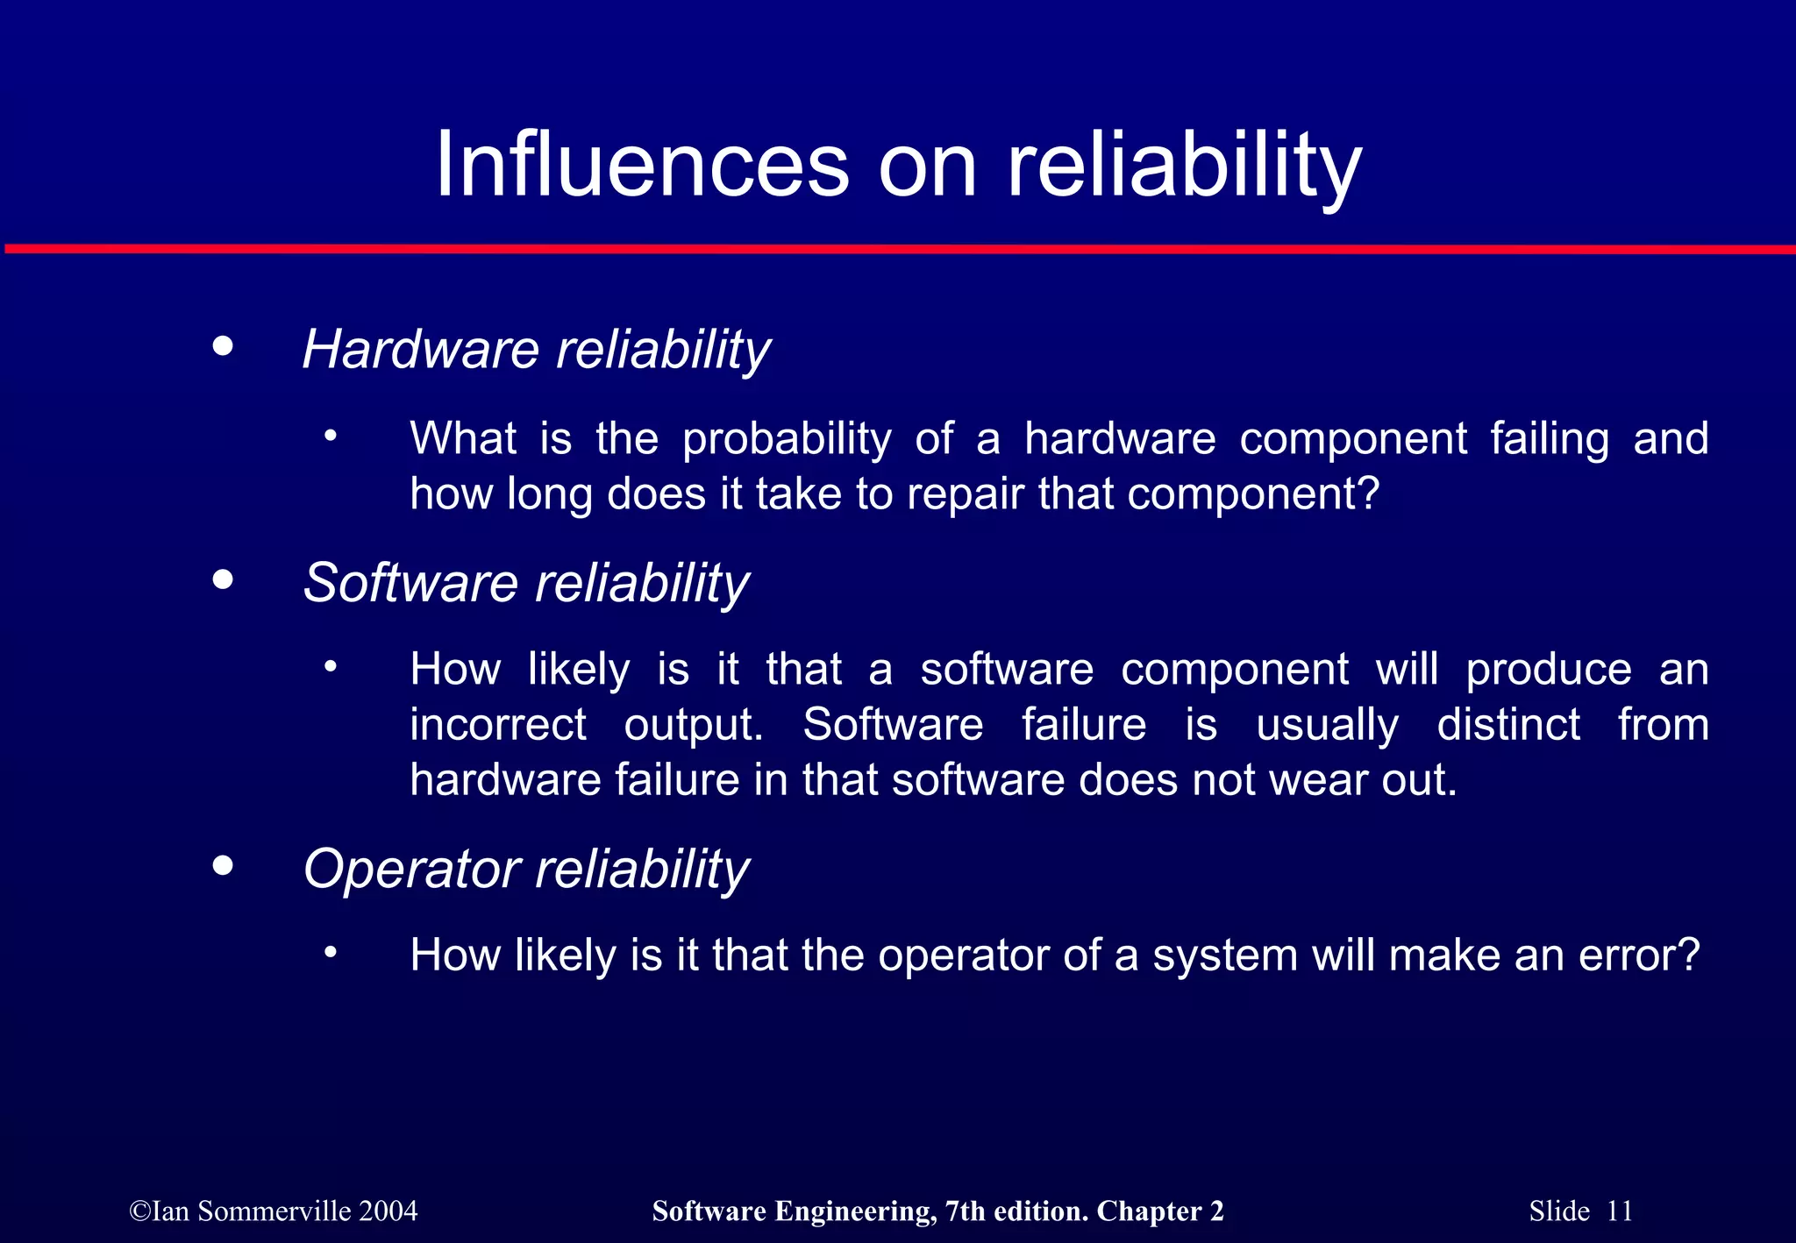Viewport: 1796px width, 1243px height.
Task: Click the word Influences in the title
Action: (x=642, y=165)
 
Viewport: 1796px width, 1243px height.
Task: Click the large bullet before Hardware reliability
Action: (x=224, y=345)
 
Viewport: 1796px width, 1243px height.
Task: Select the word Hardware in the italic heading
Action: (x=420, y=349)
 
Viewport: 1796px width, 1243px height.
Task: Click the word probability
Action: (x=787, y=438)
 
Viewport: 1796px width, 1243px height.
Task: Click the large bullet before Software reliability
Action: (x=224, y=579)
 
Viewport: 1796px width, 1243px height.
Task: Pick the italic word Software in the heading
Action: (x=410, y=582)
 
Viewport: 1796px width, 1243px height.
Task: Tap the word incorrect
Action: (x=498, y=725)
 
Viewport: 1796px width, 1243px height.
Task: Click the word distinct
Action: (x=1508, y=725)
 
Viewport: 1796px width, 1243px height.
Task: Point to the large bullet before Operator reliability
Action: (x=224, y=865)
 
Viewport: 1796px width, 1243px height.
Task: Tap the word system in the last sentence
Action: (x=1225, y=955)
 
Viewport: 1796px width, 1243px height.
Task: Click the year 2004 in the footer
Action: (x=388, y=1211)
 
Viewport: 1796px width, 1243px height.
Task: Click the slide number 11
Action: (x=1619, y=1211)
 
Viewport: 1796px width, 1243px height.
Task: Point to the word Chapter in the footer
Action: (x=1149, y=1211)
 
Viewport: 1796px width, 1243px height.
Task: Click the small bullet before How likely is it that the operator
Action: (x=330, y=952)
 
